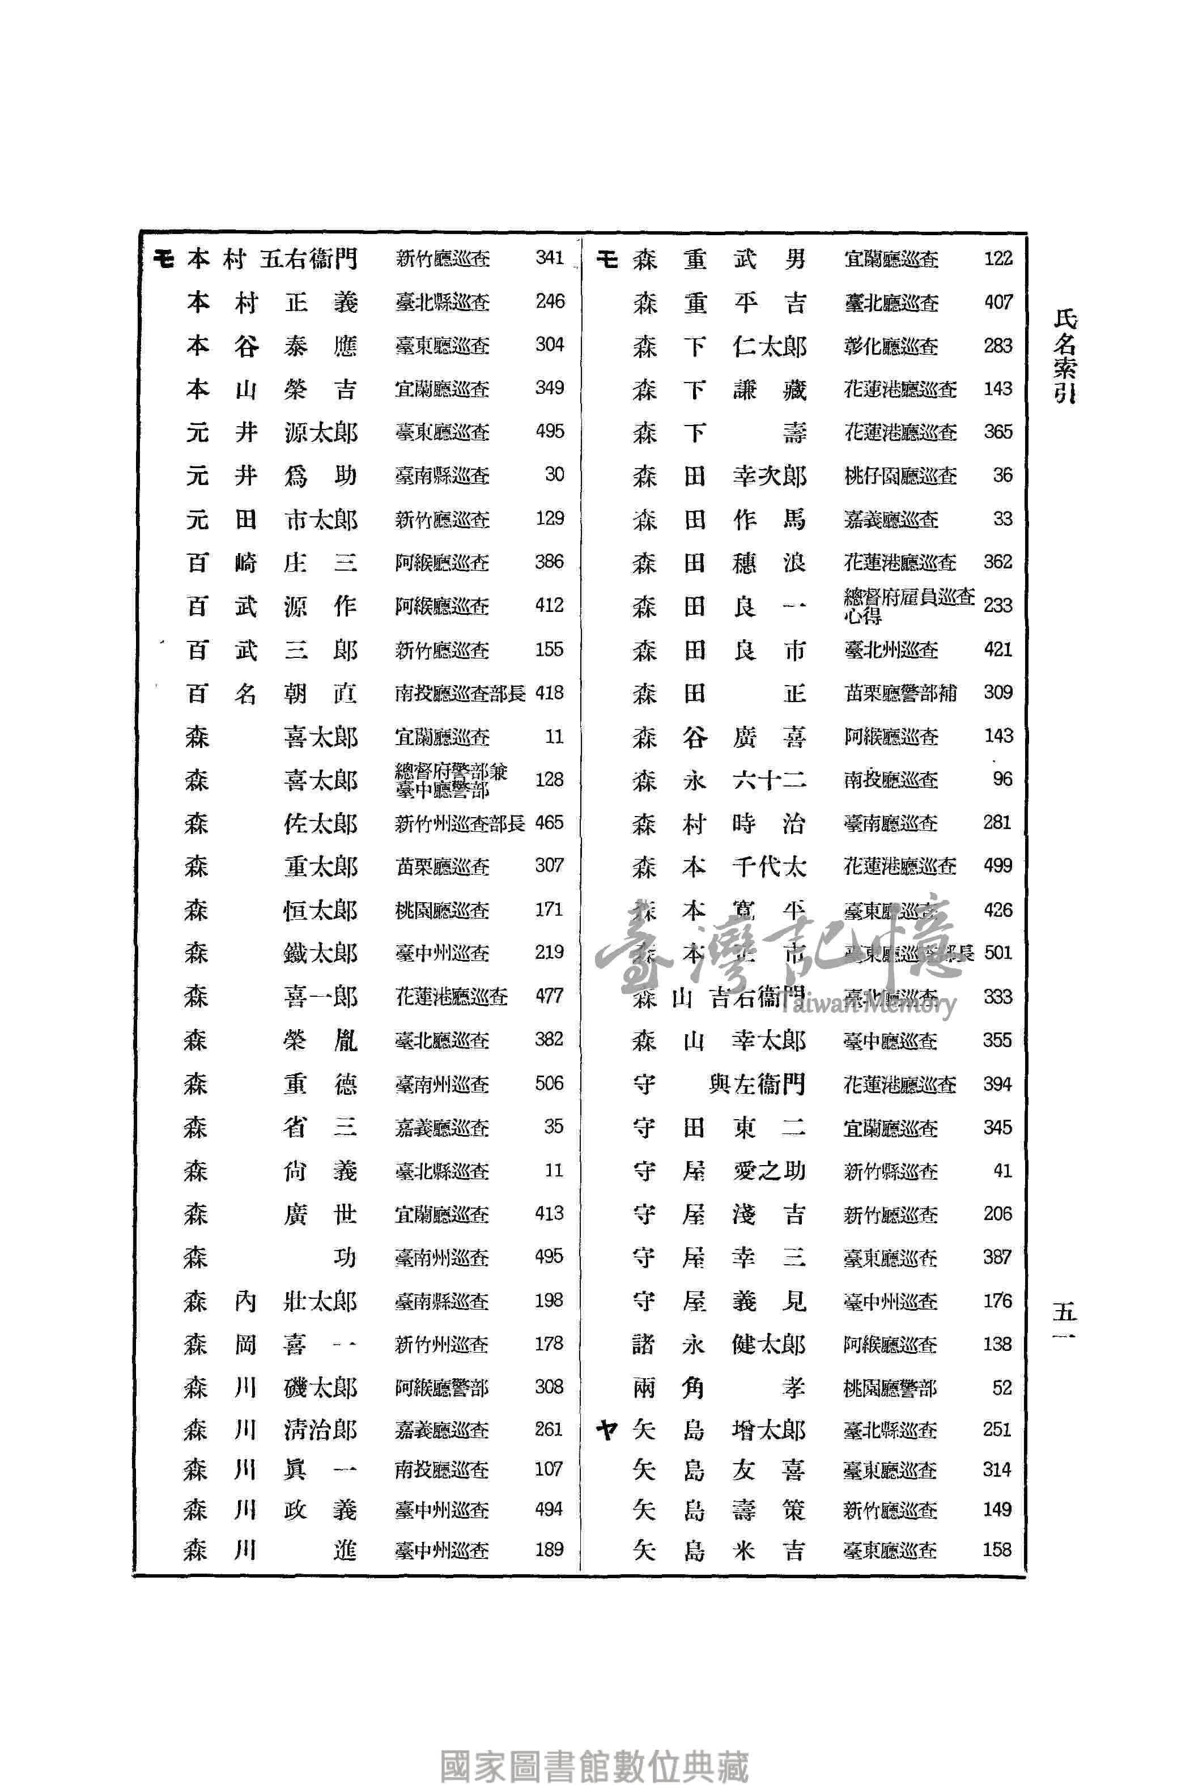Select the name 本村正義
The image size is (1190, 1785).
271,303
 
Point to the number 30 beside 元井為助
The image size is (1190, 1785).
554,475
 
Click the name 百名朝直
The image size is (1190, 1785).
271,694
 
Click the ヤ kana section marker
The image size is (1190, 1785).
606,1431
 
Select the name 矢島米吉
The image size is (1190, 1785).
719,1550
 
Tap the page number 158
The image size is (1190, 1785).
996,1550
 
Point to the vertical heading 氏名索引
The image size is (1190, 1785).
1065,356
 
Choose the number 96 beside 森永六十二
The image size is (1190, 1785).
1002,779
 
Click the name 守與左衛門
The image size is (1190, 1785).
719,1083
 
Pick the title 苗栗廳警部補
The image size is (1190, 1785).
900,693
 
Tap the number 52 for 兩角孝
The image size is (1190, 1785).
1002,1388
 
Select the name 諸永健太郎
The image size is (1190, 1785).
719,1345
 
